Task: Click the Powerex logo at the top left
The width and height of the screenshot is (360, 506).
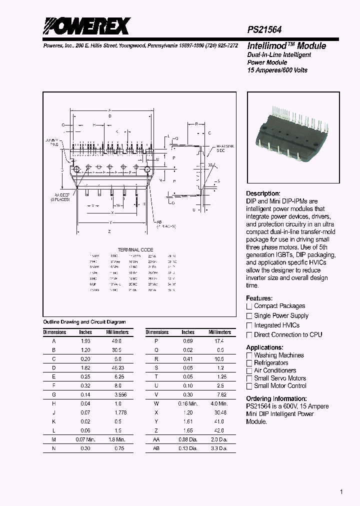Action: pyautogui.click(x=86, y=26)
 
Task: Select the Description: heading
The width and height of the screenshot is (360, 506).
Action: pyautogui.click(x=263, y=193)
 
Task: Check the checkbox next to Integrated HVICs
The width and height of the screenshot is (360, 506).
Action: pyautogui.click(x=249, y=325)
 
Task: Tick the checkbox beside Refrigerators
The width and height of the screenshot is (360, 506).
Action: pyautogui.click(x=249, y=363)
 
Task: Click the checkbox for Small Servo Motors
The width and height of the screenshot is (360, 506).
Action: pyautogui.click(x=249, y=378)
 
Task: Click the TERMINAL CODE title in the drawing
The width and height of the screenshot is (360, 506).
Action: pyautogui.click(x=135, y=249)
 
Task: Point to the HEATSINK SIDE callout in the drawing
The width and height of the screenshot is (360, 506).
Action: pyautogui.click(x=224, y=148)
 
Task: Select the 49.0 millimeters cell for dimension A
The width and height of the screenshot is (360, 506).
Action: pyautogui.click(x=116, y=340)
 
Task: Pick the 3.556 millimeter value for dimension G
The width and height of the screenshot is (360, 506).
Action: pyautogui.click(x=116, y=394)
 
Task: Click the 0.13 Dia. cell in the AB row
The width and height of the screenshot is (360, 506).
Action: pyautogui.click(x=188, y=448)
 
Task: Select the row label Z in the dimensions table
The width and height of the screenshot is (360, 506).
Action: pyautogui.click(x=157, y=430)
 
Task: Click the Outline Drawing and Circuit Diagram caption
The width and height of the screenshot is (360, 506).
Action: pyautogui.click(x=84, y=322)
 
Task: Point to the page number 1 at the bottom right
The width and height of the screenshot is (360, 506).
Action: pyautogui.click(x=341, y=492)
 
